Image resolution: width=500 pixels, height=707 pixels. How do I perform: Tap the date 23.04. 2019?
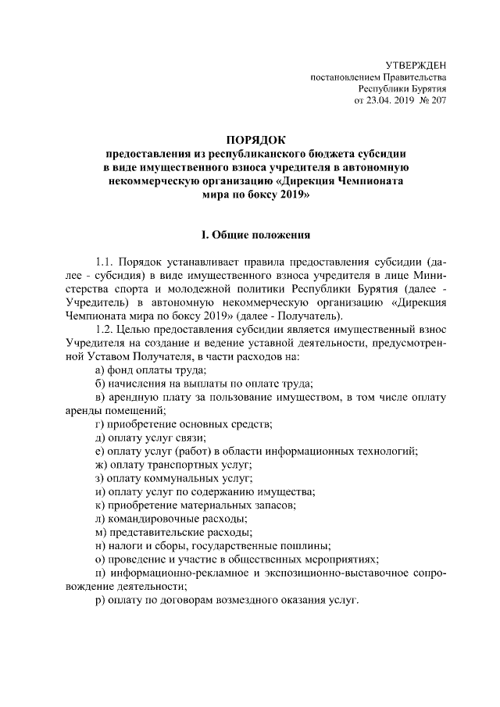[383, 102]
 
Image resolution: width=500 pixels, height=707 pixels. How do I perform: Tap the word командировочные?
[157, 519]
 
